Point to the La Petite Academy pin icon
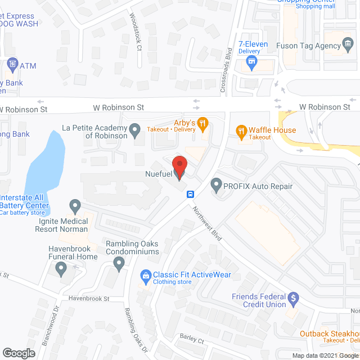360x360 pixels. pos(134,131)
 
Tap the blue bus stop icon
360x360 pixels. pos(191,195)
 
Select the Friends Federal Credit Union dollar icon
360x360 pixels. pos(292,298)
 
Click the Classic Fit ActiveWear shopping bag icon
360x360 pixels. pos(146,276)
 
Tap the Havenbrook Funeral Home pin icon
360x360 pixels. pos(61,269)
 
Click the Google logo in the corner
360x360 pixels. pos(19,353)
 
